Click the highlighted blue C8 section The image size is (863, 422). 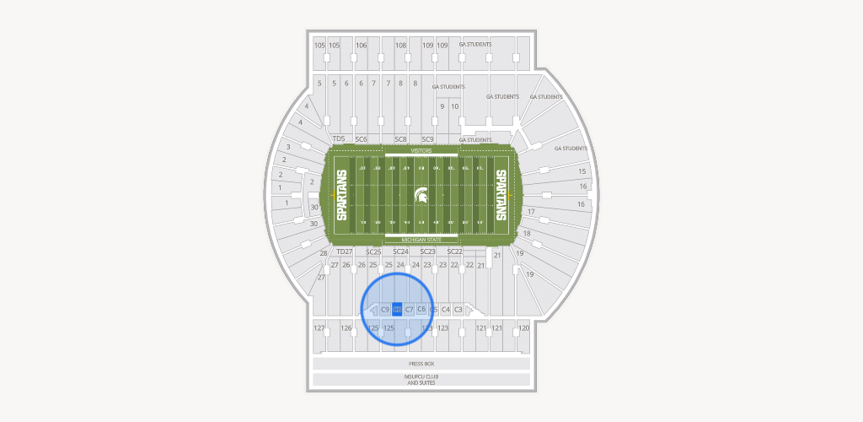(397, 310)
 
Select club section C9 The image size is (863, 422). (385, 310)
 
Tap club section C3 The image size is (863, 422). (458, 310)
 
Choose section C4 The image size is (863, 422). (446, 310)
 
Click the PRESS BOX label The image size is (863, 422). (421, 364)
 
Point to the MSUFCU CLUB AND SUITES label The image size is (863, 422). (421, 380)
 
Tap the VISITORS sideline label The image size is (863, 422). (421, 150)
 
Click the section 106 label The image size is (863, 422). (362, 45)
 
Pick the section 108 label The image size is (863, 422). (401, 45)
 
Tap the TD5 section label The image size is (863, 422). (339, 138)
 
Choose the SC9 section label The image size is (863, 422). (427, 138)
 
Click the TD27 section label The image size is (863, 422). (344, 252)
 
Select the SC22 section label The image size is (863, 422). (454, 252)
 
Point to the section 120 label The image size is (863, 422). (523, 327)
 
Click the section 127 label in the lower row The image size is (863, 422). (319, 327)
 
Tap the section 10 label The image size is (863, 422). (455, 106)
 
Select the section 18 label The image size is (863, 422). (527, 233)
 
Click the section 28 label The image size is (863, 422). (323, 253)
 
